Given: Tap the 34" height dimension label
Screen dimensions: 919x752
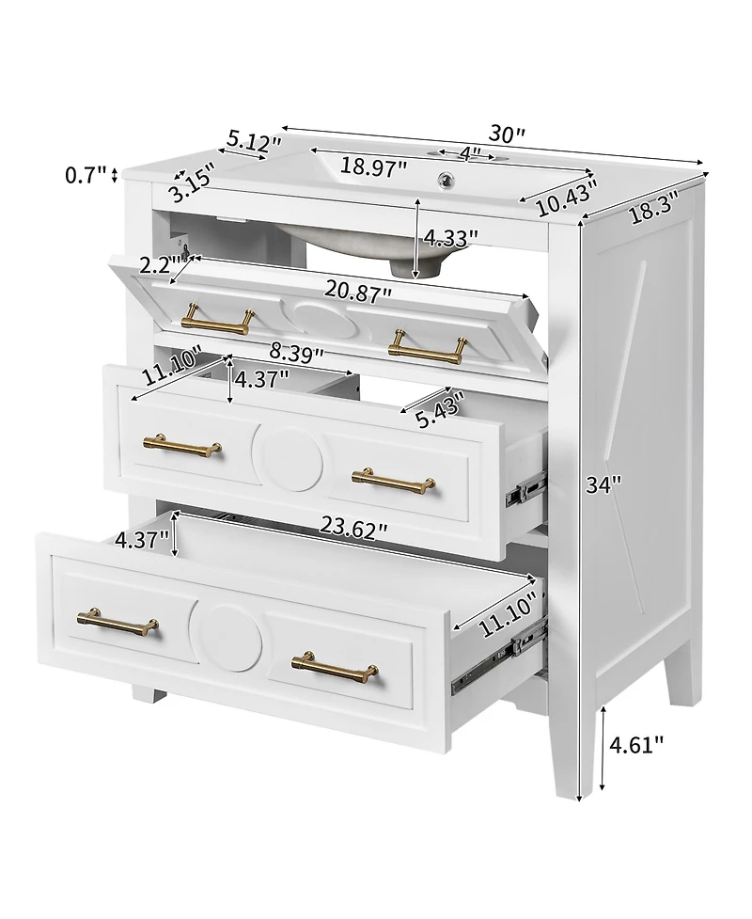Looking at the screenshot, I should click(x=603, y=485).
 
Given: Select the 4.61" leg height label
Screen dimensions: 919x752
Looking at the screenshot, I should click(x=636, y=745).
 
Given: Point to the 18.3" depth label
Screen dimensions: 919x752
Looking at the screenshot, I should click(x=653, y=209).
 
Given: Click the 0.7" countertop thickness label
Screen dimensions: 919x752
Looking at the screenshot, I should click(x=86, y=174).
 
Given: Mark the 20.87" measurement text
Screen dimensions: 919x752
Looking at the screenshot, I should click(x=359, y=294).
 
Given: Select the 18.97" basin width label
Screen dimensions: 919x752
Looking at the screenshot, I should click(x=373, y=166).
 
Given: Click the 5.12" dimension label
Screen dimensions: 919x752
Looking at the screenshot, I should click(x=254, y=144).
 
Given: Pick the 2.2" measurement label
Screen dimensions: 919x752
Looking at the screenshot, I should click(x=156, y=265).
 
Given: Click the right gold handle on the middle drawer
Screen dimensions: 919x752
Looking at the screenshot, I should click(x=394, y=480).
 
